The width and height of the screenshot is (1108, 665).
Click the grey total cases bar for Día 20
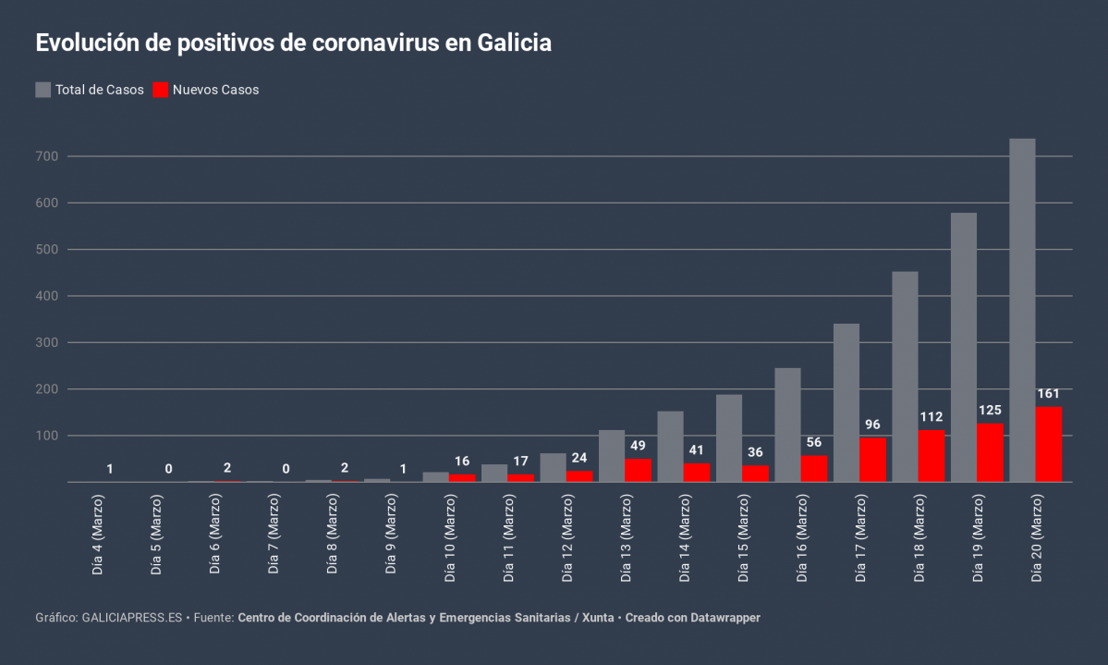click(1022, 310)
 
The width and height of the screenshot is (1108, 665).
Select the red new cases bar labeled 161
click(1049, 444)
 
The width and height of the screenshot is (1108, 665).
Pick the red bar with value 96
click(872, 460)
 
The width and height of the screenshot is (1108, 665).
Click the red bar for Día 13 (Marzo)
click(638, 470)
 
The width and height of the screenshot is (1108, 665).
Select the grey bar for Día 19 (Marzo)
click(963, 347)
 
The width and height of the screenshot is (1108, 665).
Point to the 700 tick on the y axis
click(48, 156)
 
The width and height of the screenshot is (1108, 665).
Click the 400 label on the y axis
click(48, 296)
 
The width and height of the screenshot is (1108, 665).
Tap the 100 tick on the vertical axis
click(48, 436)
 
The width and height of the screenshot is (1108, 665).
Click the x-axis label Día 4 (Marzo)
click(97, 536)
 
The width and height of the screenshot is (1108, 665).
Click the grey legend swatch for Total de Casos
click(43, 90)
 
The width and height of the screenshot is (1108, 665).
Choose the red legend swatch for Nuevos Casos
click(161, 90)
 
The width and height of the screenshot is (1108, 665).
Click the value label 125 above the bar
click(990, 410)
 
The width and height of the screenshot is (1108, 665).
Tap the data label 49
click(638, 446)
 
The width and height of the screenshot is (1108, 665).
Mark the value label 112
click(931, 416)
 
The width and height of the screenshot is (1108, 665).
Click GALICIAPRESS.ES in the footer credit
click(132, 617)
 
